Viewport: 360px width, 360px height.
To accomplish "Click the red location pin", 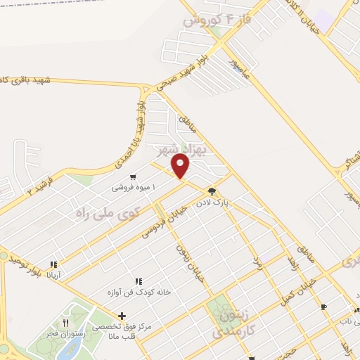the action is point(181,166).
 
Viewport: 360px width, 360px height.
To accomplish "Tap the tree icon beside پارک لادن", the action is point(211,191).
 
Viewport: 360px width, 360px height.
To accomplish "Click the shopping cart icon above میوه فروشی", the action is point(132,178).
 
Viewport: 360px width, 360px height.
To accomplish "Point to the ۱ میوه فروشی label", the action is point(133,188).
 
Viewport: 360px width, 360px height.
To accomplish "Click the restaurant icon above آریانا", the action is point(53,265).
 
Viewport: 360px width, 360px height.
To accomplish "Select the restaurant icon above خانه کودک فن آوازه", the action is point(139,281).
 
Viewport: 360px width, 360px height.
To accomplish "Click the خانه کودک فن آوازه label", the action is point(139,292).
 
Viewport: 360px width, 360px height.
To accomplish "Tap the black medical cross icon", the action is point(122,316).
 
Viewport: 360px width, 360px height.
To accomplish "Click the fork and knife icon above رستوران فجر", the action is point(66,323).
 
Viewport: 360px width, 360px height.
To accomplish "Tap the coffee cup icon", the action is point(323,307).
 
